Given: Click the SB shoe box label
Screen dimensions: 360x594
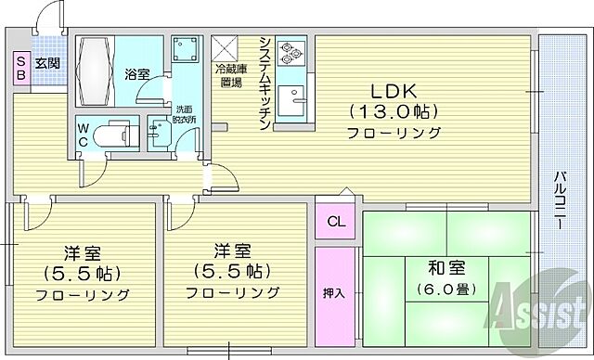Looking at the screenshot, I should pyautogui.click(x=19, y=71).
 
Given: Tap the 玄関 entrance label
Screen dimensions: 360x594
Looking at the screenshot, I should pyautogui.click(x=48, y=64).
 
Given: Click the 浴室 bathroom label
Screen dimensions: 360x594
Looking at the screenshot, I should pyautogui.click(x=137, y=72).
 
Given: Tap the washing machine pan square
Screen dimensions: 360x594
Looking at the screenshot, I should pyautogui.click(x=186, y=53).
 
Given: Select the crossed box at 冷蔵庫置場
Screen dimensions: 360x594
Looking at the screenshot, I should pyautogui.click(x=226, y=48).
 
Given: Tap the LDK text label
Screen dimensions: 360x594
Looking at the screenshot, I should pyautogui.click(x=394, y=92).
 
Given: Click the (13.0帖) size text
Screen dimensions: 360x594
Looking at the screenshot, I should pyautogui.click(x=394, y=111).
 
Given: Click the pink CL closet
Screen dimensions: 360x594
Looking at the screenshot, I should pyautogui.click(x=335, y=221).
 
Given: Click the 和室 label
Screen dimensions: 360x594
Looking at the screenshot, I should pyautogui.click(x=448, y=268).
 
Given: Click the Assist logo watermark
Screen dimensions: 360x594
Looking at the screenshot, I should pyautogui.click(x=542, y=311).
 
